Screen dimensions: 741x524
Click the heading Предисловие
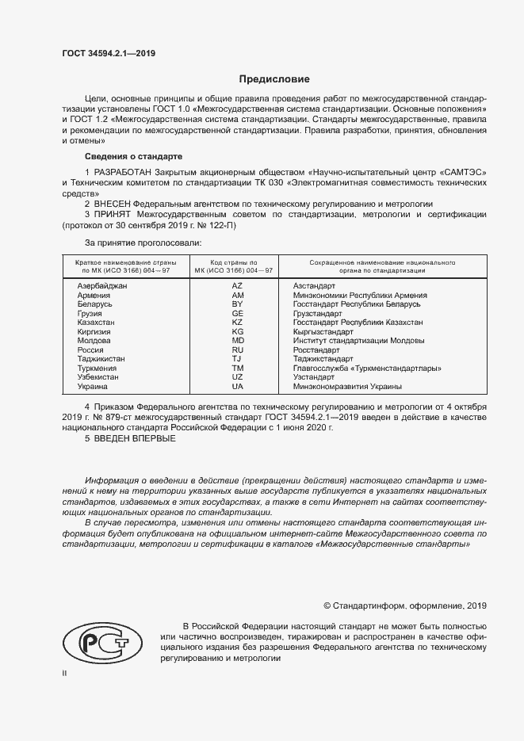(274, 79)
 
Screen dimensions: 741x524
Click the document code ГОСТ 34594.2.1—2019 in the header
(109, 53)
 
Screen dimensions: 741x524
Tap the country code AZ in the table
(237, 285)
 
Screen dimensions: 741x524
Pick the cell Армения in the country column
(94, 295)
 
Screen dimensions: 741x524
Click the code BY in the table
(237, 304)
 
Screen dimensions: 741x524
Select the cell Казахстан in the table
(96, 323)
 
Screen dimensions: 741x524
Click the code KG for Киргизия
(237, 331)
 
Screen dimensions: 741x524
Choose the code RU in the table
(237, 349)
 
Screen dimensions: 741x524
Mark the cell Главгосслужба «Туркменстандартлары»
(367, 369)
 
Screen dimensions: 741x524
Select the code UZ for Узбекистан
(237, 377)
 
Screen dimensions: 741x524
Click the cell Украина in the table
(93, 387)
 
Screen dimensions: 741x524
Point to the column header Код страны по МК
(234, 266)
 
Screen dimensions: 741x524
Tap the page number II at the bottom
(65, 673)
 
